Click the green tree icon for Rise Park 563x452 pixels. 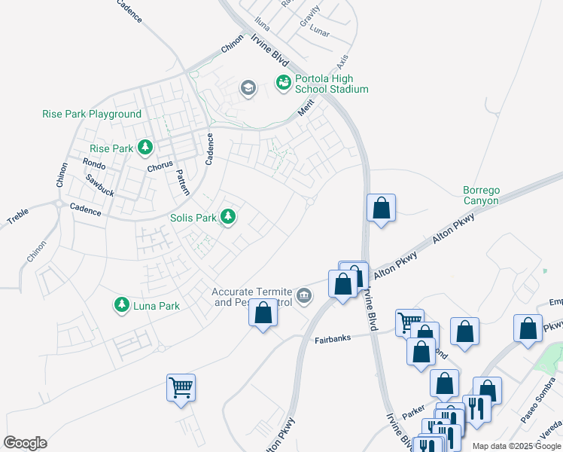click(x=145, y=148)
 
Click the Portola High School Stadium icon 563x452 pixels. click(x=284, y=82)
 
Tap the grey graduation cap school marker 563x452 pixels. click(x=248, y=89)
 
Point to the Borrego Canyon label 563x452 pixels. click(x=481, y=195)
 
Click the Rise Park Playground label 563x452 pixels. click(x=91, y=114)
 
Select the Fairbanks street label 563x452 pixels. click(x=333, y=340)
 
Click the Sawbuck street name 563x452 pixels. click(x=99, y=185)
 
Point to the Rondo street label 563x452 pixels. click(x=94, y=163)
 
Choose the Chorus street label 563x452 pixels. click(x=160, y=163)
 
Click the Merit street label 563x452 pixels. click(x=305, y=109)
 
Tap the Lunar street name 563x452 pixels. click(x=320, y=34)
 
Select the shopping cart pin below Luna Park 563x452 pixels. click(x=181, y=387)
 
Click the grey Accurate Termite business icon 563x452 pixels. click(x=304, y=295)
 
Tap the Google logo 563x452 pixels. click(x=25, y=443)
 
